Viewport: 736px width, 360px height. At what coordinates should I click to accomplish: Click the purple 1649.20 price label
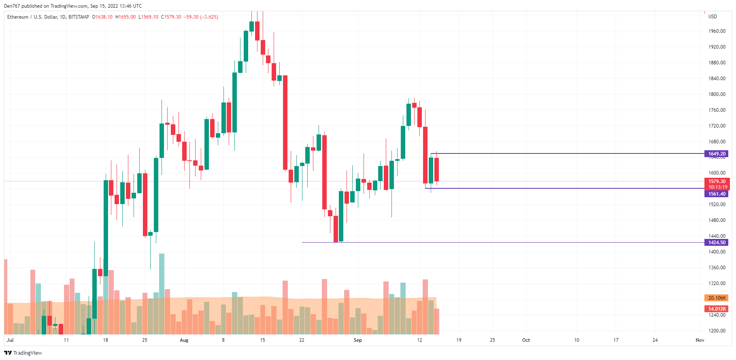[x=717, y=154]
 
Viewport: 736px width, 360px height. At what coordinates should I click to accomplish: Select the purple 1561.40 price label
[x=717, y=194]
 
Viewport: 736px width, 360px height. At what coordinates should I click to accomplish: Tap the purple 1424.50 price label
[x=717, y=243]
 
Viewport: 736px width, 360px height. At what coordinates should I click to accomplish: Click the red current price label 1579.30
[x=717, y=181]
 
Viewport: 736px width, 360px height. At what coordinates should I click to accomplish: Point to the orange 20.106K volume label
[x=717, y=298]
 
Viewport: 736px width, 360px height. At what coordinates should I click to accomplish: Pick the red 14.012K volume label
[x=717, y=309]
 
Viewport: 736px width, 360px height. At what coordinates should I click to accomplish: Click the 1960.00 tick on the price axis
[x=717, y=31]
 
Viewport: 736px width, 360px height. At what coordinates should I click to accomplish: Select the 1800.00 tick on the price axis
[x=717, y=94]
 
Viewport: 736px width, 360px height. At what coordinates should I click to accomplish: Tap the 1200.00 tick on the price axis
[x=717, y=331]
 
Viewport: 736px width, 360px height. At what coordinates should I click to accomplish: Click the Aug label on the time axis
[x=184, y=340]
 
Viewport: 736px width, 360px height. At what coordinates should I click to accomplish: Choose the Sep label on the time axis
[x=357, y=340]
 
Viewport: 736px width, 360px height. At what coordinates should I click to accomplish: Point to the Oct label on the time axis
[x=526, y=340]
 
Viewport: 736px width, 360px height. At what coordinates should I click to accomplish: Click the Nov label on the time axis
[x=700, y=340]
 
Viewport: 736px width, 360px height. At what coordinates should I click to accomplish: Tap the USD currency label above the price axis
[x=713, y=17]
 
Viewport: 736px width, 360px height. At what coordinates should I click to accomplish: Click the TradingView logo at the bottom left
[x=23, y=353]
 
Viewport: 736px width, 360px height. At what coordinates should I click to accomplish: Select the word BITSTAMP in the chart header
[x=79, y=17]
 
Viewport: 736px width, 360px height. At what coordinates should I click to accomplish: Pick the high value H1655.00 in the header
[x=126, y=17]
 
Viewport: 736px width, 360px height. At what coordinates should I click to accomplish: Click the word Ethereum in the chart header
[x=18, y=17]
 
